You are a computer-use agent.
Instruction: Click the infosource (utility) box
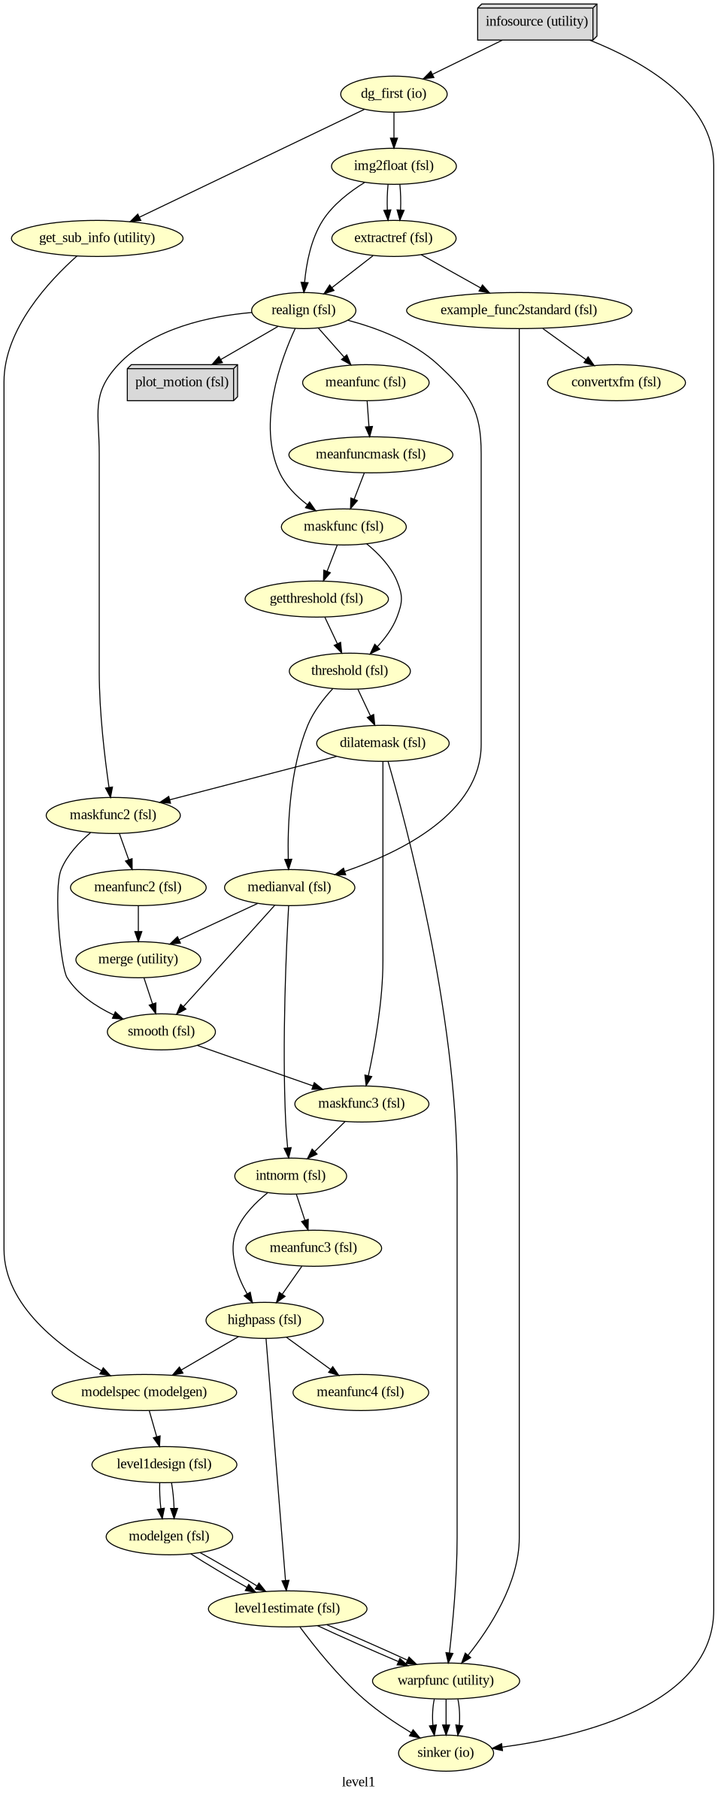coord(536,22)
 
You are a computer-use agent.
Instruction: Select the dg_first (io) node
coord(393,94)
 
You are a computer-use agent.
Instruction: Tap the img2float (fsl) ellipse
coord(394,166)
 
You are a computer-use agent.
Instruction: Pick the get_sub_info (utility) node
coord(97,238)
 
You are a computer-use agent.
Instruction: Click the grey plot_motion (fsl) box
coord(181,382)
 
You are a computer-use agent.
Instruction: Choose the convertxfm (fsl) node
coord(616,382)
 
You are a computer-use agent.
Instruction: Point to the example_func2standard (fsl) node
coord(518,310)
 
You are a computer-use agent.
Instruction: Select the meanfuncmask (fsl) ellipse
coord(371,455)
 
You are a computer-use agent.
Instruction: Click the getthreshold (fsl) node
coord(317,599)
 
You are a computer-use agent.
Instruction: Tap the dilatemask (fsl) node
coord(383,743)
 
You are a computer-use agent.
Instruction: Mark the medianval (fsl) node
coord(289,887)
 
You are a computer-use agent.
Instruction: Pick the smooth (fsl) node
coord(161,1032)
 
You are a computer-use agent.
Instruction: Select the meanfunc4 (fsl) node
coord(360,1392)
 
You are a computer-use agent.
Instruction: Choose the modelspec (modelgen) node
coord(144,1392)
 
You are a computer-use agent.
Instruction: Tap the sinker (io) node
coord(446,1753)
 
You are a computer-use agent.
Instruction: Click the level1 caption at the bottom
coord(359,1782)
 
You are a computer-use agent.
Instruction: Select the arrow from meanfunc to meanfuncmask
coord(368,419)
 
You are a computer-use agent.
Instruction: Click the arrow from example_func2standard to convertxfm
coord(568,347)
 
